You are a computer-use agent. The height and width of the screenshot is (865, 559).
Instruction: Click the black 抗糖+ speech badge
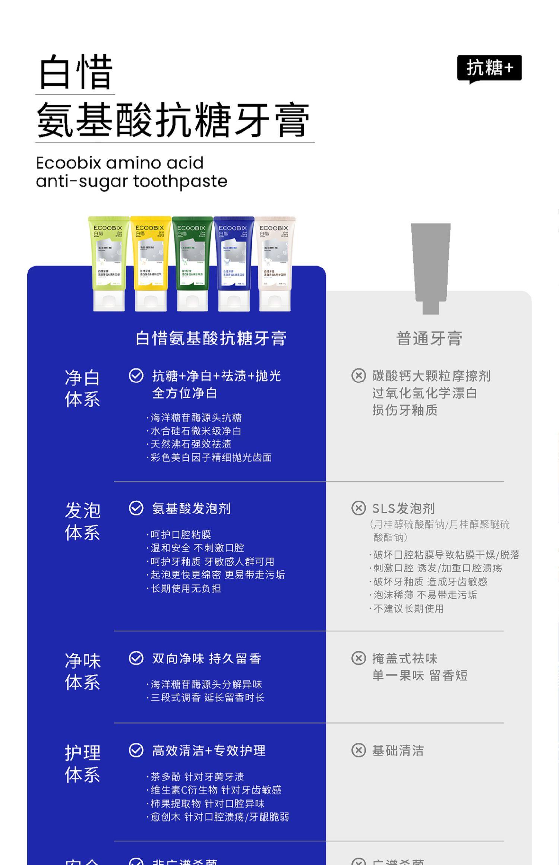(489, 68)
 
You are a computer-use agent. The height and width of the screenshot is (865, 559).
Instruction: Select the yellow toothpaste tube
(151, 263)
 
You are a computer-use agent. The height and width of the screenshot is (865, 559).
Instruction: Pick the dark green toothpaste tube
(192, 263)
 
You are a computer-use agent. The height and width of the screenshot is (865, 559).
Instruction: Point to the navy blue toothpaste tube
(234, 263)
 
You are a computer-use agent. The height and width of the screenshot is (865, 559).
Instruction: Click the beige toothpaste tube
(275, 263)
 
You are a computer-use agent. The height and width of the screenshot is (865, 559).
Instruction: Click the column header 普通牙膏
(429, 339)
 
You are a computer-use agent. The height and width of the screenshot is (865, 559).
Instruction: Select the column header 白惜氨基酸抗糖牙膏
(211, 339)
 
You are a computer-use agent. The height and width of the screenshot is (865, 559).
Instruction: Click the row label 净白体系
(82, 389)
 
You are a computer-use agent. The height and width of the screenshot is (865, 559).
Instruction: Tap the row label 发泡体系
(82, 522)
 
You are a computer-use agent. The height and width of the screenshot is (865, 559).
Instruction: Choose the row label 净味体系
(82, 672)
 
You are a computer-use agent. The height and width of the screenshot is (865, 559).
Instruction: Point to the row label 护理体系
(82, 764)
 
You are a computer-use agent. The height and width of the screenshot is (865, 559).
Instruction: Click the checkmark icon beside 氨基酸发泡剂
(136, 508)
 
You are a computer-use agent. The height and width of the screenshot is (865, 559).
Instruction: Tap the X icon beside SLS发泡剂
(358, 508)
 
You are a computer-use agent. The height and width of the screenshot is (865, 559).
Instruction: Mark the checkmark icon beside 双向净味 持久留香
(136, 658)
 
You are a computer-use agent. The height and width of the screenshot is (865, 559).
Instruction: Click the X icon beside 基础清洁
(358, 750)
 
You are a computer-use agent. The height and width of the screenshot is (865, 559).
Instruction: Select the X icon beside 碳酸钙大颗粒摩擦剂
(358, 376)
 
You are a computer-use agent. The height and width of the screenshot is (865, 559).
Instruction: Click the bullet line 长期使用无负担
(186, 589)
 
